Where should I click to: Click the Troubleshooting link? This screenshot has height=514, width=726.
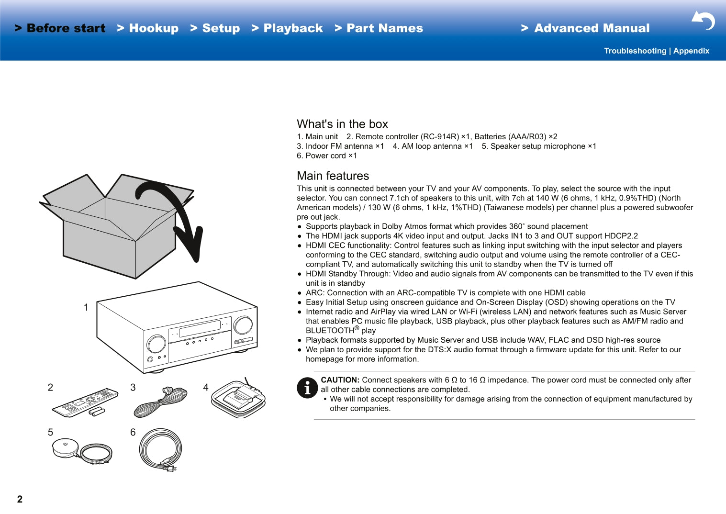click(x=635, y=51)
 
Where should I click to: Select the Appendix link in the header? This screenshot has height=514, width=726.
click(x=691, y=51)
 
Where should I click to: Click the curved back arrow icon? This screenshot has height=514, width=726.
click(x=703, y=21)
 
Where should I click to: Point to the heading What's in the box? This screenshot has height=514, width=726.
click(x=342, y=124)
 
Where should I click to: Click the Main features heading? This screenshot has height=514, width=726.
click(x=333, y=176)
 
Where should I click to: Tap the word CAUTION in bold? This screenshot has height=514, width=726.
click(x=340, y=380)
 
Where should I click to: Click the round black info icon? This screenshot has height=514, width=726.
click(x=307, y=388)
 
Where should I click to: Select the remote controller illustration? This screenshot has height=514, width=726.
click(x=85, y=402)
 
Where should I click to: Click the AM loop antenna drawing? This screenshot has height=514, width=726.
click(x=238, y=399)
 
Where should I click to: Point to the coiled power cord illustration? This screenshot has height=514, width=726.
click(x=161, y=449)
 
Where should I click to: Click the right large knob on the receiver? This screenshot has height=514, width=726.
click(x=243, y=325)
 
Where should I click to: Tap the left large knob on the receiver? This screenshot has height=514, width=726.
click(x=156, y=344)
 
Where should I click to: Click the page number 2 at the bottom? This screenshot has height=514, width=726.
click(x=20, y=499)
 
